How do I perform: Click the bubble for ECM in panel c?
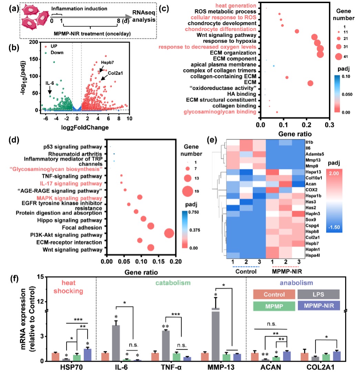click(x=310, y=83)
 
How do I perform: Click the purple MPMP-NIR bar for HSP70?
click(x=88, y=355)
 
